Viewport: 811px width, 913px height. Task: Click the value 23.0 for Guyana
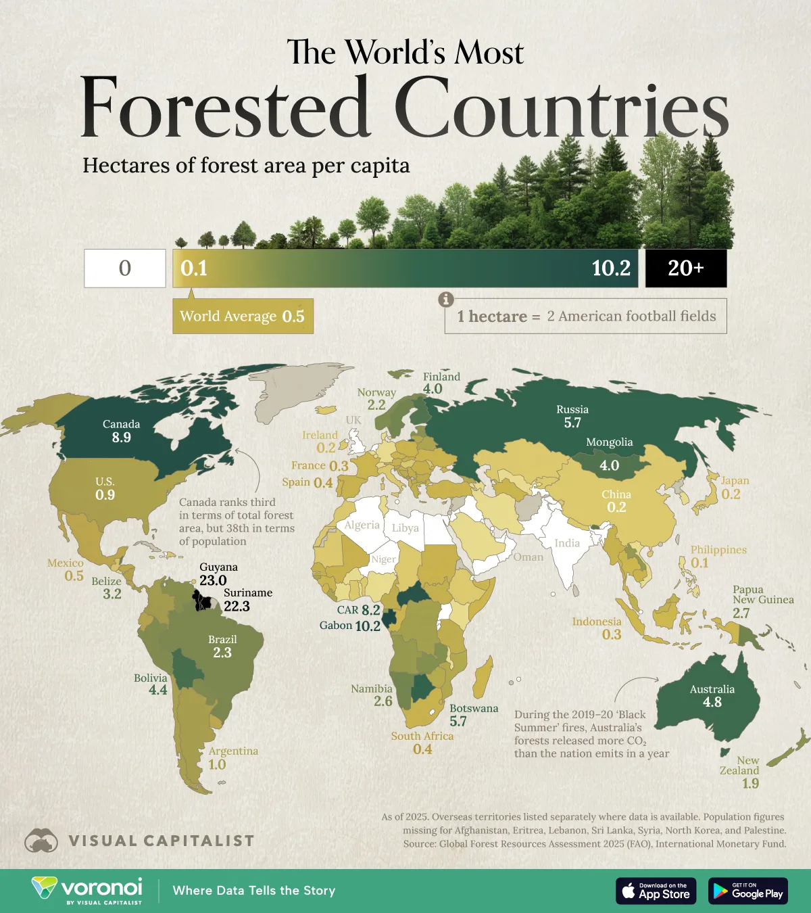[213, 580]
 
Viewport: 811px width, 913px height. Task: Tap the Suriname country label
[248, 592]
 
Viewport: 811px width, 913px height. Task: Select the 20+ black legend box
[685, 268]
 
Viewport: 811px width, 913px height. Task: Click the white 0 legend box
[125, 268]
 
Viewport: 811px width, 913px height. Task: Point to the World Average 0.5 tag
[243, 317]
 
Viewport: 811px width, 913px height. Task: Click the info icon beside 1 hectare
[445, 299]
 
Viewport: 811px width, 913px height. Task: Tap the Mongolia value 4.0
[609, 465]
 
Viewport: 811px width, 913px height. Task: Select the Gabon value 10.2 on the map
[368, 626]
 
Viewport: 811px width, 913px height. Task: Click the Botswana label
[474, 708]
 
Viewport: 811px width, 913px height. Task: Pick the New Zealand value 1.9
[750, 783]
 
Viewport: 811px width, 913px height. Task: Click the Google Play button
[747, 891]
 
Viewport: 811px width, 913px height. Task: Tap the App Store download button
[656, 891]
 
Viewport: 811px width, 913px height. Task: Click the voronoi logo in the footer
[87, 889]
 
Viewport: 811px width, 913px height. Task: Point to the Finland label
[441, 377]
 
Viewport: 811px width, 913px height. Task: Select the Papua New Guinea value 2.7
[741, 613]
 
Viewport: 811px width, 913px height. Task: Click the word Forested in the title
[224, 108]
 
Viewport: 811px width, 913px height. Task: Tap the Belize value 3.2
[112, 594]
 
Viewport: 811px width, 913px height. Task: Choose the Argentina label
[233, 751]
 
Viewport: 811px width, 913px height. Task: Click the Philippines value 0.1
[699, 563]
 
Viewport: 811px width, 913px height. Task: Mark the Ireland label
[320, 435]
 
